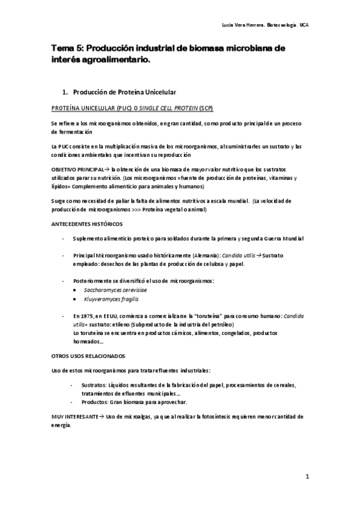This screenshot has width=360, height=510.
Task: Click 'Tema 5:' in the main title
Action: click(x=65, y=49)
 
